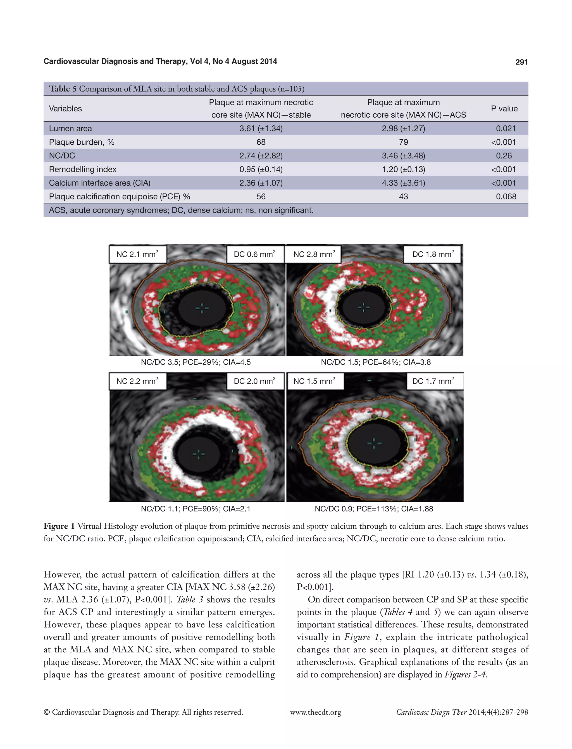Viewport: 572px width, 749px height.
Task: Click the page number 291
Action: [x=521, y=62]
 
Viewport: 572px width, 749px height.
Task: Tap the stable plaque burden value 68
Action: [x=261, y=142]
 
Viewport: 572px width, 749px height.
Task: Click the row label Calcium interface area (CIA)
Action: [x=99, y=183]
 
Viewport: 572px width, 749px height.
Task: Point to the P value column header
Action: [x=504, y=109]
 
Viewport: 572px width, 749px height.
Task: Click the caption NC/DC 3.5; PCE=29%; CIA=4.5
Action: [x=196, y=362]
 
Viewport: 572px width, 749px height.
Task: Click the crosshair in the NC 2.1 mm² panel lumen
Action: [x=202, y=308]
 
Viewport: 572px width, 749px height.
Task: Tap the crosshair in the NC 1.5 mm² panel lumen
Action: [x=374, y=443]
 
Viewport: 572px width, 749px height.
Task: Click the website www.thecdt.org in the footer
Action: [x=316, y=712]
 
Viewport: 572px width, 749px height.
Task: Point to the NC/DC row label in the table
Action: [x=62, y=156]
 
